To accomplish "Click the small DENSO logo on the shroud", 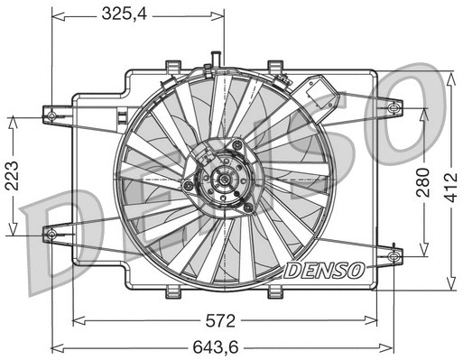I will click(x=324, y=270).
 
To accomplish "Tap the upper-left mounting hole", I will click(x=51, y=115).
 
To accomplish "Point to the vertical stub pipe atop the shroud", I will click(x=216, y=60).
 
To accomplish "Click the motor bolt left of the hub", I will click(x=189, y=185).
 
